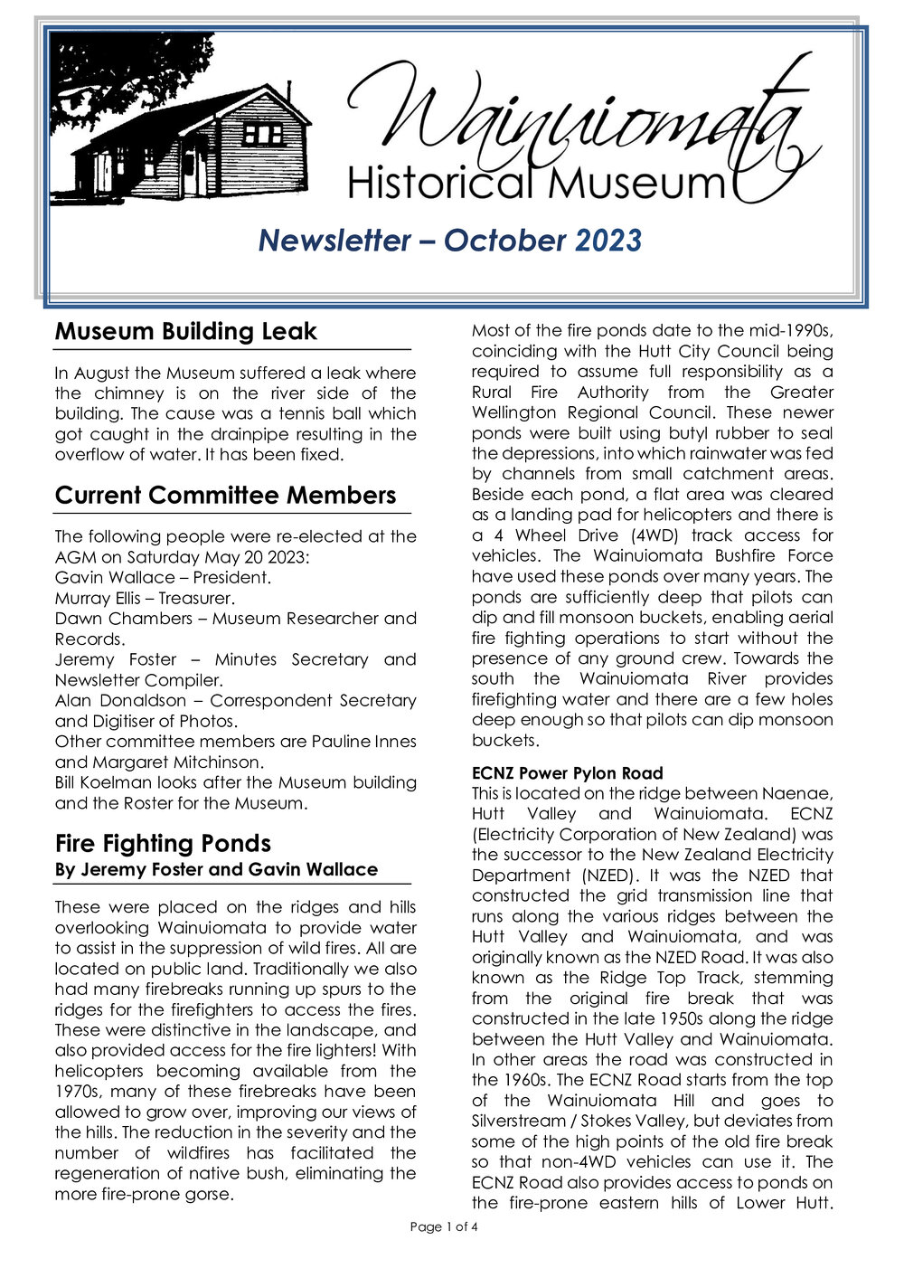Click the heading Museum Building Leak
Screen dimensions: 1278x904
(185, 332)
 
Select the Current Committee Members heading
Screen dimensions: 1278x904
(225, 496)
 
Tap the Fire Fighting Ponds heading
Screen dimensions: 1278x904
(163, 844)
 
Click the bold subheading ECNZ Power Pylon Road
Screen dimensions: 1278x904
(567, 773)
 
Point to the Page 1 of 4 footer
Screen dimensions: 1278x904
(443, 1227)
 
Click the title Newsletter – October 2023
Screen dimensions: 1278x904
(449, 241)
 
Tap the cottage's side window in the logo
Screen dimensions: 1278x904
(263, 135)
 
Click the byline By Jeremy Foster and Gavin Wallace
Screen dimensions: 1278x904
(216, 870)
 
